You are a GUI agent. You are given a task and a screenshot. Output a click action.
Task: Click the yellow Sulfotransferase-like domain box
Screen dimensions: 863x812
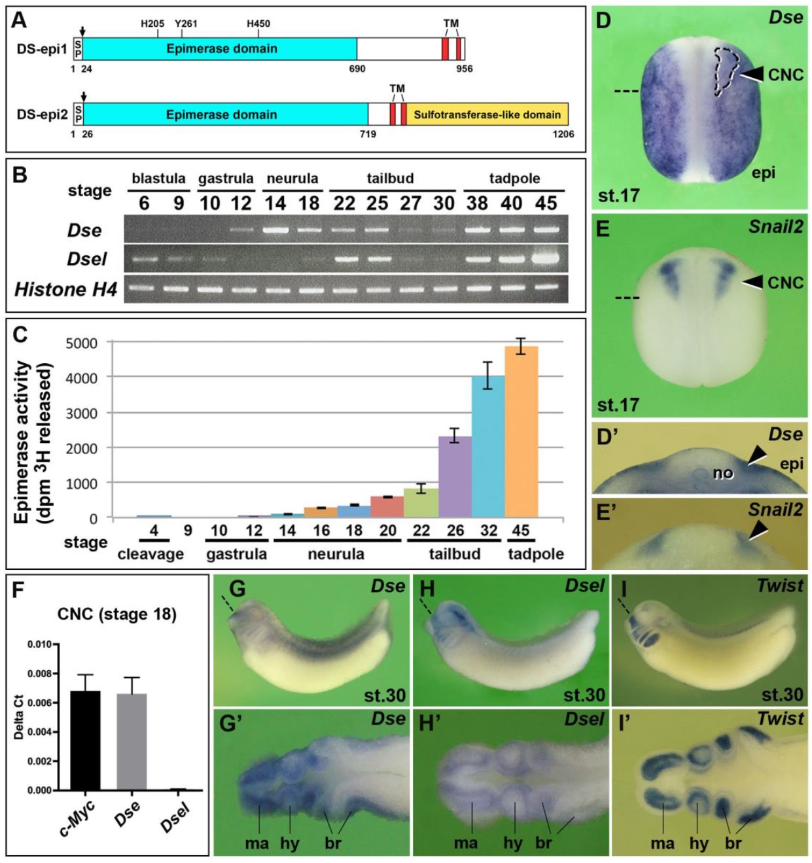(487, 114)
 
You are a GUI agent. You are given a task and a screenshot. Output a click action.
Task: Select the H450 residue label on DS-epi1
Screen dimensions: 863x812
(258, 24)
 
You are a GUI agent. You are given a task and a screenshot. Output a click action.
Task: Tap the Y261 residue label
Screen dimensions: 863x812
(186, 24)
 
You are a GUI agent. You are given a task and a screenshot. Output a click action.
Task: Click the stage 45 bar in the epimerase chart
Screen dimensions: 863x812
(521, 432)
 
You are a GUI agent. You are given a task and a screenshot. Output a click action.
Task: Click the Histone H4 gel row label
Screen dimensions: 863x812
(65, 289)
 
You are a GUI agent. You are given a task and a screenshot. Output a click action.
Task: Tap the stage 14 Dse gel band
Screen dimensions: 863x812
(275, 230)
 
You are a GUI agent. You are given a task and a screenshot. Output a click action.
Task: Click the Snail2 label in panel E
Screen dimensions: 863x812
(776, 227)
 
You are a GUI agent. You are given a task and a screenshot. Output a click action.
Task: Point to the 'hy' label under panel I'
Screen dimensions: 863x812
(698, 843)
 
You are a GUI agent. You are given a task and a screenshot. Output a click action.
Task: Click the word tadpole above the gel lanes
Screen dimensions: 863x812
(514, 178)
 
